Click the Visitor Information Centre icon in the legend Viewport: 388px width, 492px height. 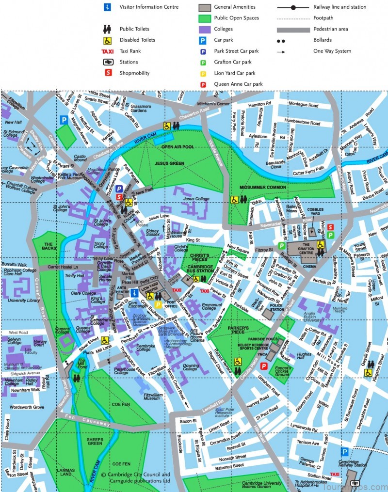(x=107, y=7)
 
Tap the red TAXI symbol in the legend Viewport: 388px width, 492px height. (x=107, y=51)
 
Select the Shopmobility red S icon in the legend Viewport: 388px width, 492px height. (x=107, y=73)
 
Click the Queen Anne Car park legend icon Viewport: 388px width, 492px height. (x=204, y=84)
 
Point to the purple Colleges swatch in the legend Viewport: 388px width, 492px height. (x=204, y=29)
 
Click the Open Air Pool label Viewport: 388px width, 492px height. (x=177, y=146)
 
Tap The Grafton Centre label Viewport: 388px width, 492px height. (x=313, y=248)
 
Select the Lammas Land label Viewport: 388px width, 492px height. (x=65, y=473)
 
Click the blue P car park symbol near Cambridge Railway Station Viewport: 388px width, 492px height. (x=344, y=451)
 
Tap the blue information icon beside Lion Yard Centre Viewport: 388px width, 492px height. (x=134, y=291)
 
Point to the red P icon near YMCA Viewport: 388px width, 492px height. (x=264, y=366)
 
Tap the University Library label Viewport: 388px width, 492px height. (x=24, y=301)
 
